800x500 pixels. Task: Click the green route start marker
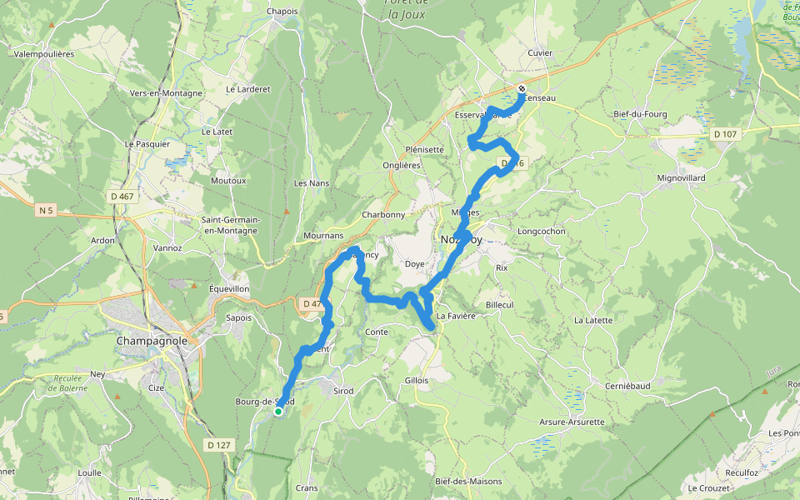278,411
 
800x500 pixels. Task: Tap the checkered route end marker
522,89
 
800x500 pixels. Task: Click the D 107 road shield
726,134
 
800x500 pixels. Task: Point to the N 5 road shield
46,211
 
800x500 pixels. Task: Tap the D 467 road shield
122,197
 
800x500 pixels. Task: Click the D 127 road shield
218,445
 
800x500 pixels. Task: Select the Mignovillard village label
682,178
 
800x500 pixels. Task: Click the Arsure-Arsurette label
572,422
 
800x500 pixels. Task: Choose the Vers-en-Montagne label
166,93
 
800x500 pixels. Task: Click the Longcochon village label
542,232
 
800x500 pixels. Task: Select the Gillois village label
416,380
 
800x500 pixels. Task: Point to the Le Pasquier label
147,143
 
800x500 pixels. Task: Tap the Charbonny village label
383,214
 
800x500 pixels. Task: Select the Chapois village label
282,11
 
